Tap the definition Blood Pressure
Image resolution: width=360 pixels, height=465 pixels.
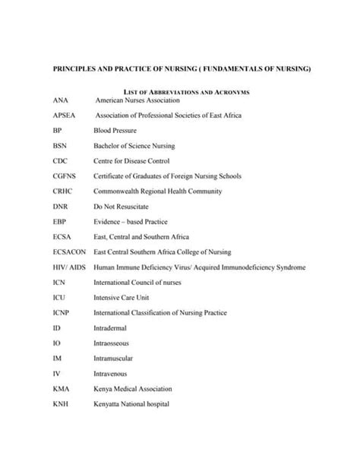[115, 131]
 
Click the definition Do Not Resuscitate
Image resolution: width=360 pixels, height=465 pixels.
[121, 207]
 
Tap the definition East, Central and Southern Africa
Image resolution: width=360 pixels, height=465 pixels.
[141, 237]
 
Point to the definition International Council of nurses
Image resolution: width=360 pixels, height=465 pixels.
[141, 283]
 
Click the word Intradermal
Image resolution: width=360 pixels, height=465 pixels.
[112, 328]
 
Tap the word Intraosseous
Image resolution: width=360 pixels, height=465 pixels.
[114, 343]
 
